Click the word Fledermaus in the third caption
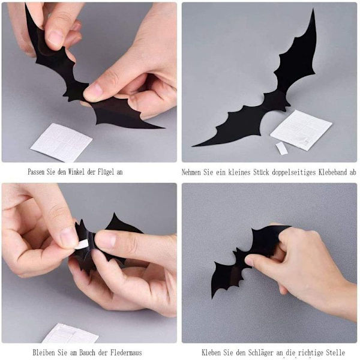coord(126,352)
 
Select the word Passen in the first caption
coord(36,172)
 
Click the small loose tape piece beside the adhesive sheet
coord(282,148)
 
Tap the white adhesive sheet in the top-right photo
coord(301,130)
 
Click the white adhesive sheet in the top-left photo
coord(61,143)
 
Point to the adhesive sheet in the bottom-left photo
coord(71,333)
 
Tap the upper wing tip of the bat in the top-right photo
coord(313,9)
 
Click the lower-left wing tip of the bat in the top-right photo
coord(193,146)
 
